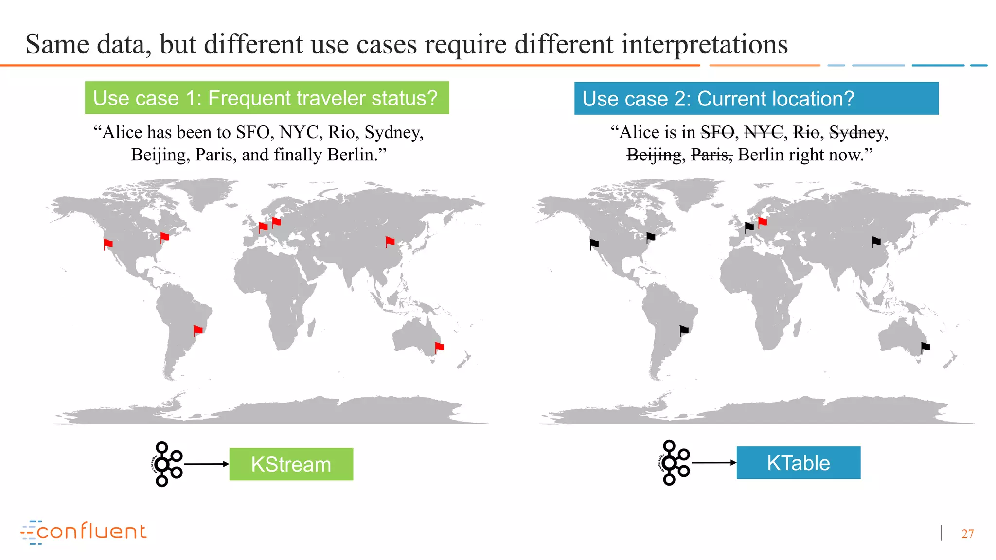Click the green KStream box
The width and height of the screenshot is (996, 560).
[291, 464]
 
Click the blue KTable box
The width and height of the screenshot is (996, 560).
[798, 463]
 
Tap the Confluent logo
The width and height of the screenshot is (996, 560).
[84, 532]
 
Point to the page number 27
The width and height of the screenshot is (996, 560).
[967, 534]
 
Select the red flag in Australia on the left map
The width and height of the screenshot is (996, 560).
[439, 347]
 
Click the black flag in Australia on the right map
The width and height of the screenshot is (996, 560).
[925, 347]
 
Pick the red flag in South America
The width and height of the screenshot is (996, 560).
[198, 331]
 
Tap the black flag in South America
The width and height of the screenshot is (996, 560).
[684, 331]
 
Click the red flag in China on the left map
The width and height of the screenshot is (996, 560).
[390, 241]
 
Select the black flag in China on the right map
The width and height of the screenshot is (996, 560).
[876, 242]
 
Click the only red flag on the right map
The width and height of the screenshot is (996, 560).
[762, 222]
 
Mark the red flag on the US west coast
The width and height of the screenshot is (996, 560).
[108, 244]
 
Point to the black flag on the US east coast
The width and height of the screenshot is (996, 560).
[651, 237]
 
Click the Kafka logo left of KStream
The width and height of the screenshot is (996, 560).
[166, 464]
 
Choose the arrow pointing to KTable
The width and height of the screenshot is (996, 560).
[713, 463]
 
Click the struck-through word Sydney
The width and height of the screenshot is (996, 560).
[856, 132]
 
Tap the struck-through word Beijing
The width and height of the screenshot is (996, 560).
[654, 155]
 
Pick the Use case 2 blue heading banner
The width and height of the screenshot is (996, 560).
[756, 99]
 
